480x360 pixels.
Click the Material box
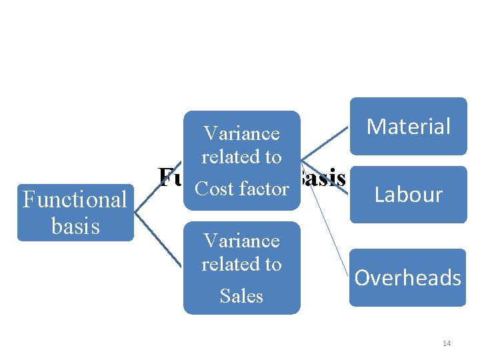(x=408, y=126)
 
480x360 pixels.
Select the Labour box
(x=408, y=194)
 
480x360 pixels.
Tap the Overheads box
(x=407, y=277)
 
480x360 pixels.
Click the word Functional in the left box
(x=75, y=199)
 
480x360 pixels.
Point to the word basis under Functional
(x=75, y=226)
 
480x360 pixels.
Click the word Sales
(x=241, y=295)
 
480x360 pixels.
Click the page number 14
(x=446, y=343)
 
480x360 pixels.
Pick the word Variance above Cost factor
(x=241, y=133)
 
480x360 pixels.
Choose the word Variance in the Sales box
(x=241, y=240)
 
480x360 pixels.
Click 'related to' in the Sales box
(x=241, y=264)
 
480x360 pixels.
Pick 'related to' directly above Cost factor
(x=241, y=157)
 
